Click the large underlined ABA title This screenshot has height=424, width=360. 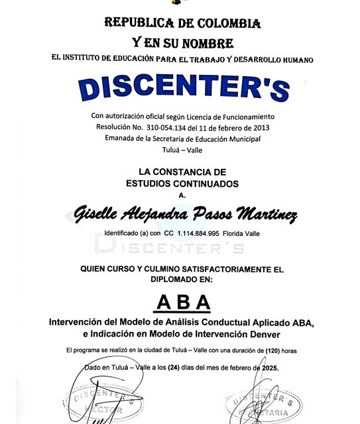(180, 303)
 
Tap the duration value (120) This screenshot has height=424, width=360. (273, 349)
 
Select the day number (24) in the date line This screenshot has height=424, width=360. (174, 368)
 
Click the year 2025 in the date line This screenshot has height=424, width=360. (270, 368)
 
